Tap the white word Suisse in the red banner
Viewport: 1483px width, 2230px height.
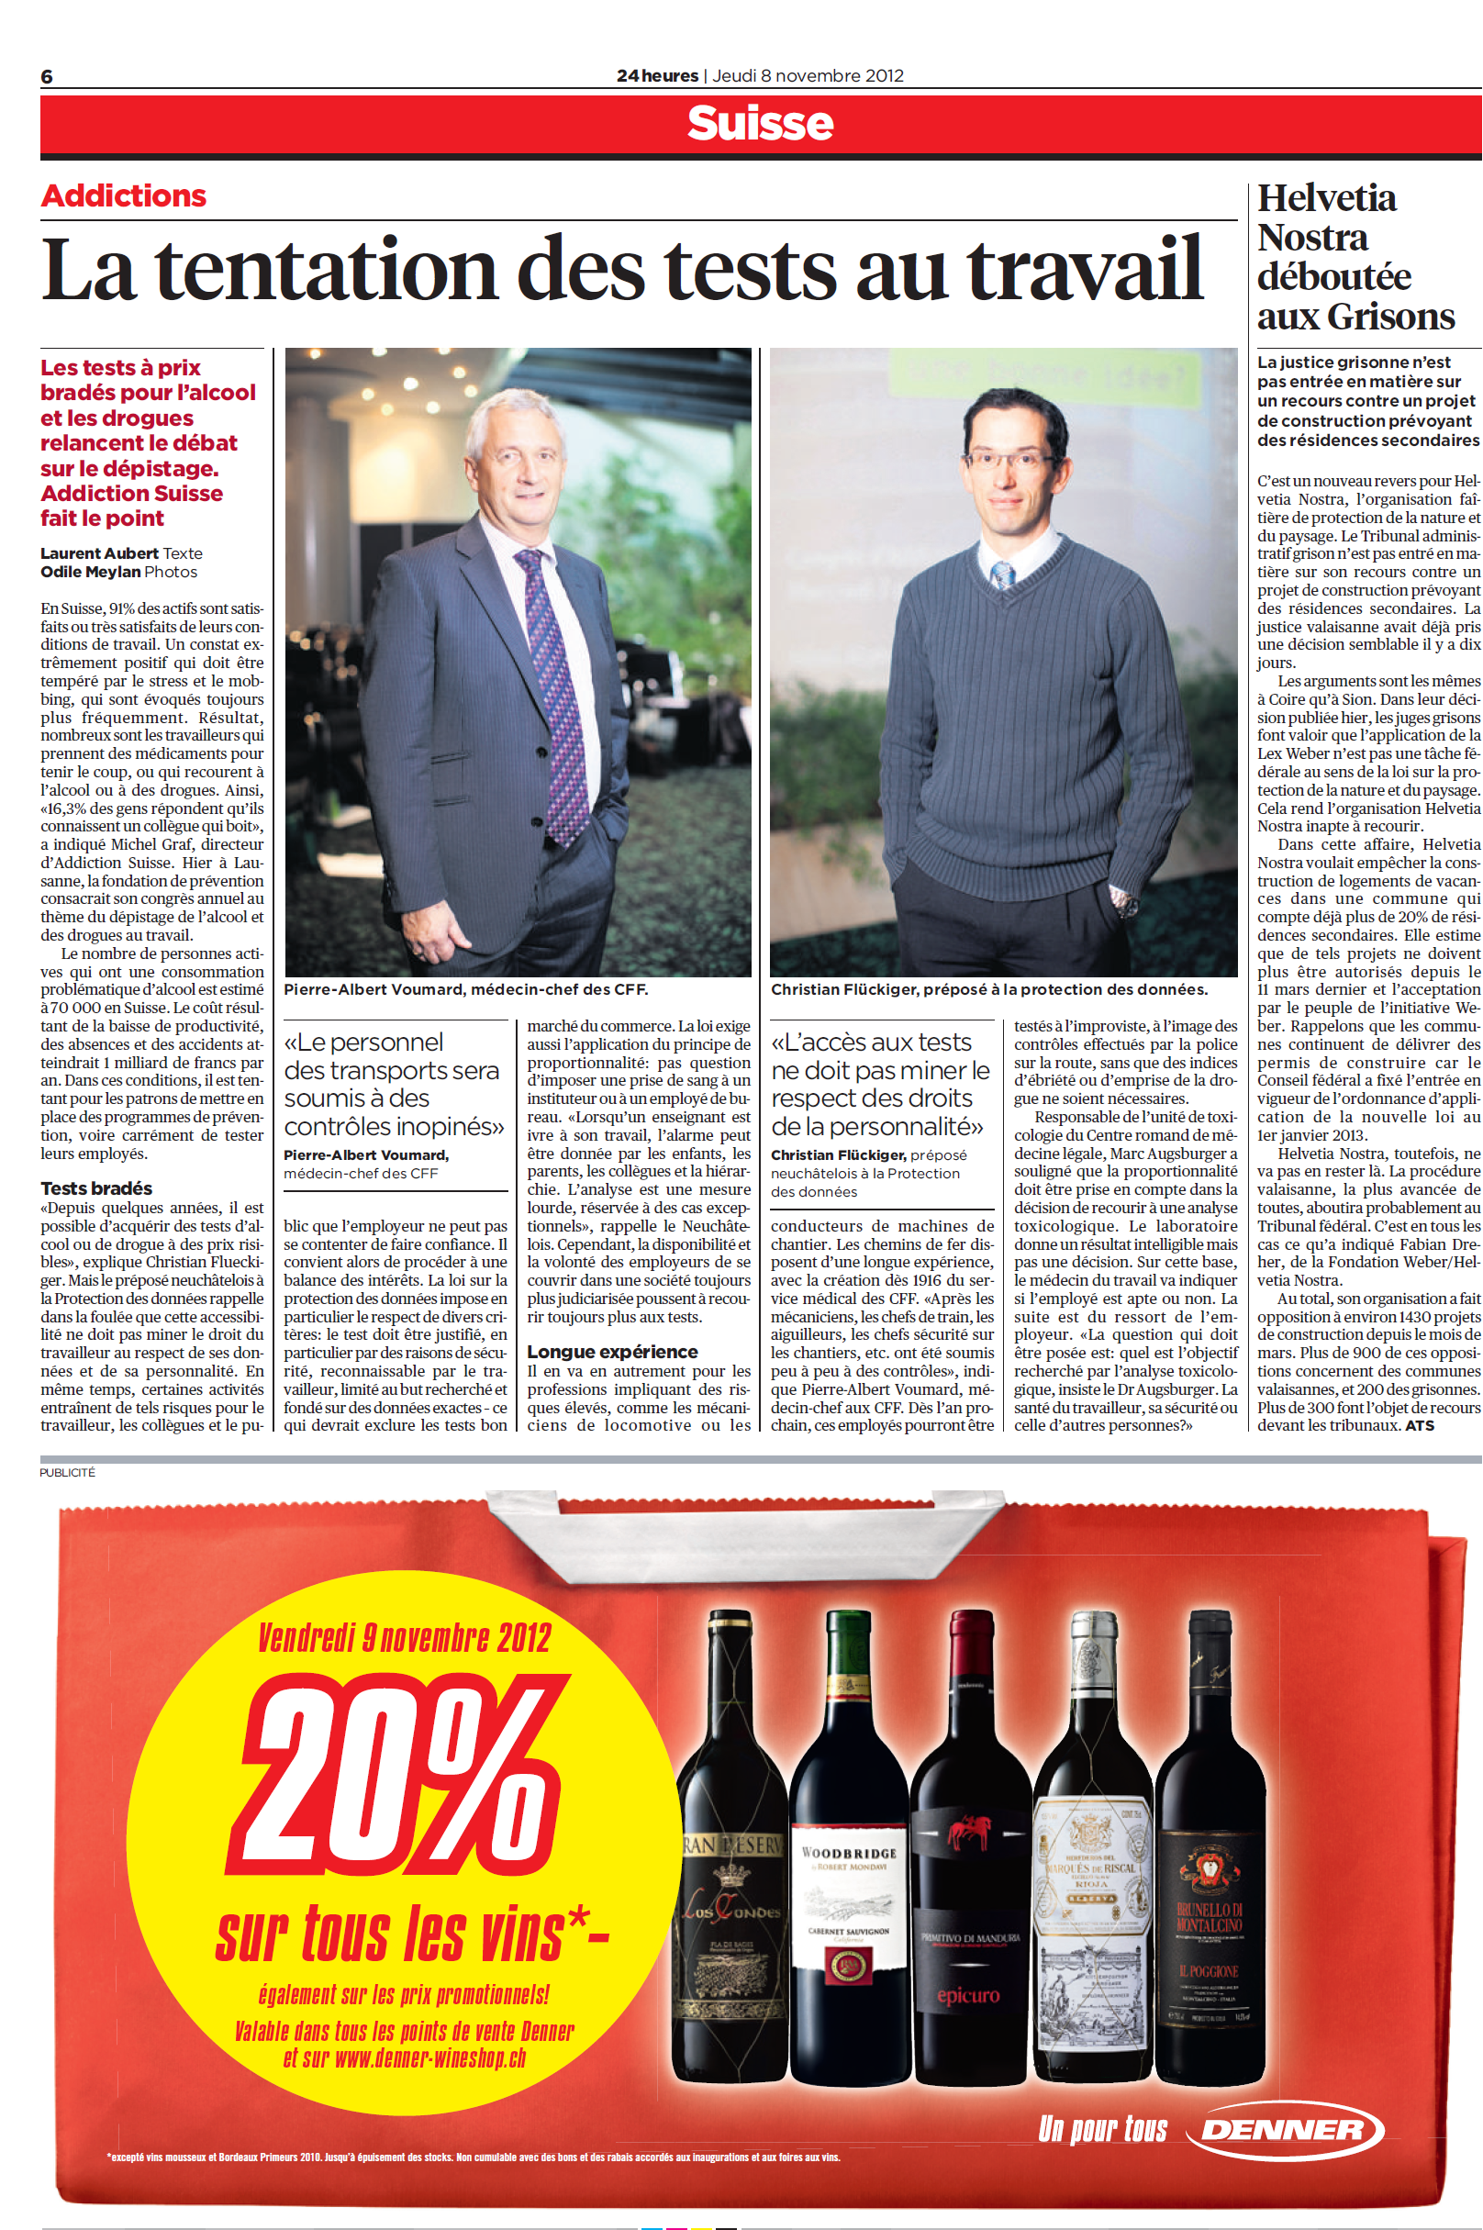[760, 123]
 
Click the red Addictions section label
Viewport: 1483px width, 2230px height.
[124, 195]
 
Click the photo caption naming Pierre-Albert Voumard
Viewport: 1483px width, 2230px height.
[465, 989]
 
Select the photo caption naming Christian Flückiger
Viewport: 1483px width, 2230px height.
[988, 989]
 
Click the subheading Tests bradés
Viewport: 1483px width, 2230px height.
[96, 1188]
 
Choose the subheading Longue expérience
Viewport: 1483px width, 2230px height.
[612, 1352]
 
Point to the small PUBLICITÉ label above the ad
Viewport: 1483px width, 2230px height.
[67, 1473]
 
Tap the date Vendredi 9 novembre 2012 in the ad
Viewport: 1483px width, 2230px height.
[404, 1638]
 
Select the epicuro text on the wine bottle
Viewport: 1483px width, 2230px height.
[967, 1996]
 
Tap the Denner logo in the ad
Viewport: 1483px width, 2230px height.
[1284, 2130]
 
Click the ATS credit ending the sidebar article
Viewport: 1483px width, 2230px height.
[1420, 1425]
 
